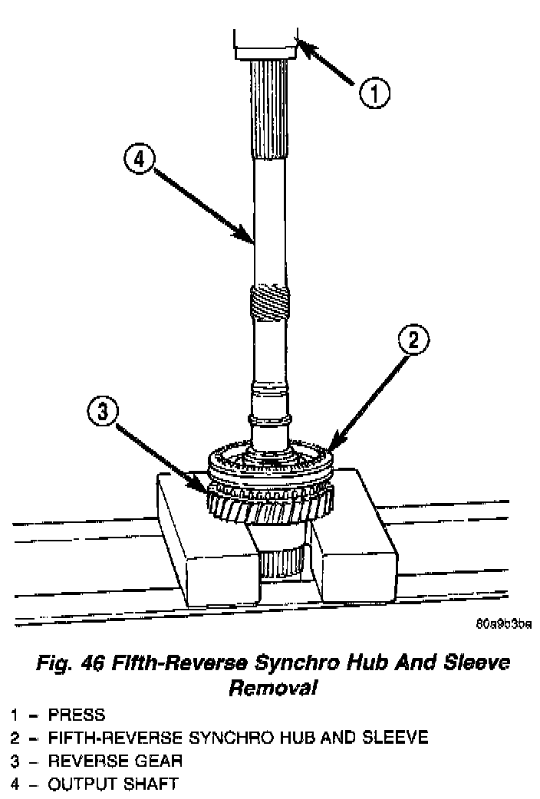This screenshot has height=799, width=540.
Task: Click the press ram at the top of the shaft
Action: [265, 44]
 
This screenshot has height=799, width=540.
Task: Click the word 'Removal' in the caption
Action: [273, 688]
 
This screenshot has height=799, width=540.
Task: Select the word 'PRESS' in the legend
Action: [77, 716]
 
